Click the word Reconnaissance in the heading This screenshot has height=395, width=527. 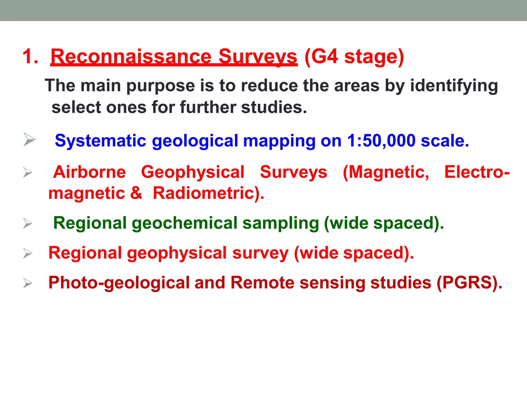pyautogui.click(x=131, y=57)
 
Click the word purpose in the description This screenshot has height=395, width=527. pyautogui.click(x=161, y=86)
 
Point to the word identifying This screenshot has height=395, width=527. pyautogui.click(x=454, y=86)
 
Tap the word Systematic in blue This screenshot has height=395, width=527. pyautogui.click(x=100, y=141)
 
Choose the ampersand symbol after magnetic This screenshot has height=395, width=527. pyautogui.click(x=136, y=193)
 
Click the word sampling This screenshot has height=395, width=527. pyautogui.click(x=281, y=223)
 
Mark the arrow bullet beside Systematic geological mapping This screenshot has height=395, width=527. pyautogui.click(x=29, y=139)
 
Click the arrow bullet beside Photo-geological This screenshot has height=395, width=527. pyautogui.click(x=28, y=283)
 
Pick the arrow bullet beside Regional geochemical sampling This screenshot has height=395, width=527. pyautogui.click(x=28, y=223)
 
